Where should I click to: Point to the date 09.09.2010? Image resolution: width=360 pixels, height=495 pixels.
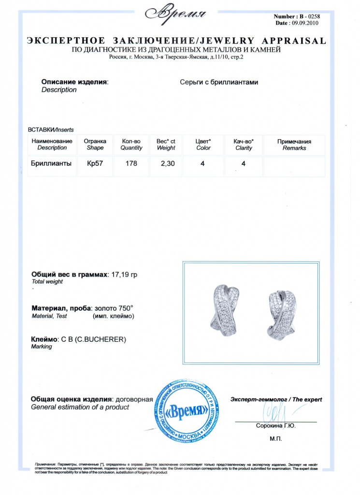[306, 23]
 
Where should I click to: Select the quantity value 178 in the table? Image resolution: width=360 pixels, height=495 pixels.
[131, 164]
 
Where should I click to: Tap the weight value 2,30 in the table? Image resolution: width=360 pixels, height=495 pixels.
[167, 164]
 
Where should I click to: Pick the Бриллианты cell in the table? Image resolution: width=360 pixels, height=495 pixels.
[52, 164]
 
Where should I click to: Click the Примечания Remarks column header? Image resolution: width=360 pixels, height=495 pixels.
[294, 145]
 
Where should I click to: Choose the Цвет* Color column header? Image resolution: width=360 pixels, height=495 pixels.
[203, 145]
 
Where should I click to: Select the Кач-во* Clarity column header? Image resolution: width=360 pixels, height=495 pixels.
[244, 145]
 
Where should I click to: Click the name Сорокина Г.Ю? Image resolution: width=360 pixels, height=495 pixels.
[275, 426]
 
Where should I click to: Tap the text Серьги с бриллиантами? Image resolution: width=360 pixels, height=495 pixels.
[219, 82]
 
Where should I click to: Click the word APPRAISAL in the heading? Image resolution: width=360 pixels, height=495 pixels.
[295, 40]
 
